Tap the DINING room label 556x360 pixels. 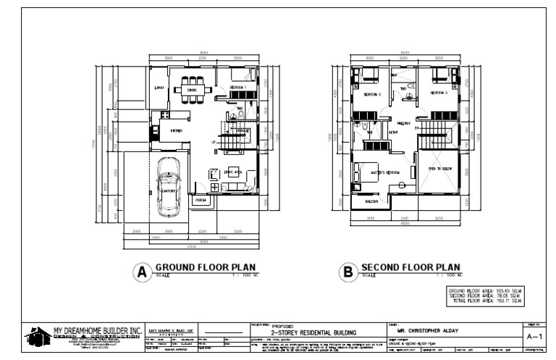click(192, 90)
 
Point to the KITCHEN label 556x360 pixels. click(175, 130)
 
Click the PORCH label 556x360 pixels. click(201, 201)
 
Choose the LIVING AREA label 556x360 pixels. click(233, 172)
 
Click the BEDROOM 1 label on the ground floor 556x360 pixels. click(238, 88)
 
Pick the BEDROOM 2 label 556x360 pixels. click(372, 94)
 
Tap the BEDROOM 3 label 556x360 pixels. click(439, 93)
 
